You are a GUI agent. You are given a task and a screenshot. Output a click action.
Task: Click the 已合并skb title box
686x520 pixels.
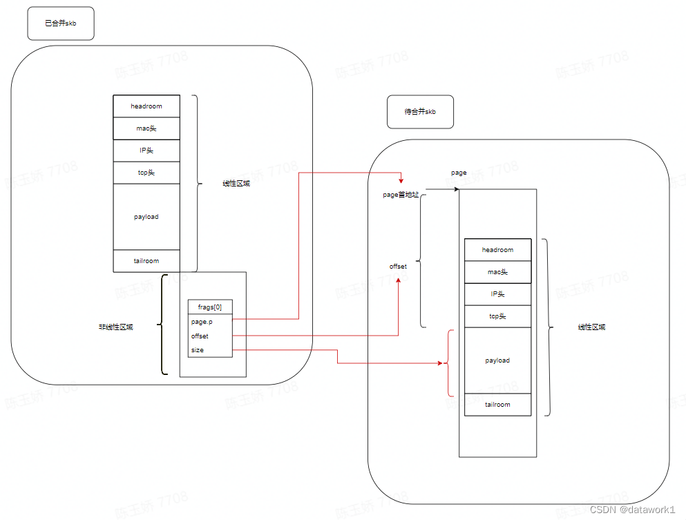60,23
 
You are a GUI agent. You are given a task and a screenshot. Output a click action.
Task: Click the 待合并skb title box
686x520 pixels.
420,111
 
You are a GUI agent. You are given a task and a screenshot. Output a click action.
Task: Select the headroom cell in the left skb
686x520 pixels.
146,106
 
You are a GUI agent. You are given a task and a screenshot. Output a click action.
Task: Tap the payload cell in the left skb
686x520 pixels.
146,216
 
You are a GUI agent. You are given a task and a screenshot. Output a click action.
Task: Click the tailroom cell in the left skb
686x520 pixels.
146,260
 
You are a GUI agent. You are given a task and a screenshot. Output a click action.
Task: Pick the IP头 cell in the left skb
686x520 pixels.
146,150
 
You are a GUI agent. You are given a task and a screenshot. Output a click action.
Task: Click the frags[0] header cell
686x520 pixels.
210,307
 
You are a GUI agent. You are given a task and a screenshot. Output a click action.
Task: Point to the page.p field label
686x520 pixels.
202,322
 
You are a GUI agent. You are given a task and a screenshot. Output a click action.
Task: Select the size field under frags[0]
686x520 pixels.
198,350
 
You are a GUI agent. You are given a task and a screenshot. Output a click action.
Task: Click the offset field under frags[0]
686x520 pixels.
200,336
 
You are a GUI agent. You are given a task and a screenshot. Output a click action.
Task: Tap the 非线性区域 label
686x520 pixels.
116,327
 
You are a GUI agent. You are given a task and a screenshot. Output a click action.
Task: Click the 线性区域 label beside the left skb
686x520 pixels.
236,184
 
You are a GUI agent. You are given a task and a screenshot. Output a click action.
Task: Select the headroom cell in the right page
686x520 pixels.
497,250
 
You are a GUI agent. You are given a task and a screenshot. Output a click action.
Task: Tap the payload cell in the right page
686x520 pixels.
497,360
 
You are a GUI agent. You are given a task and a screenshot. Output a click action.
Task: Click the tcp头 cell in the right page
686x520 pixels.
497,316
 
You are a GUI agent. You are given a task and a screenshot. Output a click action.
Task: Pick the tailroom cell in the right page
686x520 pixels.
497,404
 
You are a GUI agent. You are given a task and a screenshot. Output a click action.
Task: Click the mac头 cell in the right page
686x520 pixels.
497,272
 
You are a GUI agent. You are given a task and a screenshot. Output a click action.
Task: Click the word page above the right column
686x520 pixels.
459,173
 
